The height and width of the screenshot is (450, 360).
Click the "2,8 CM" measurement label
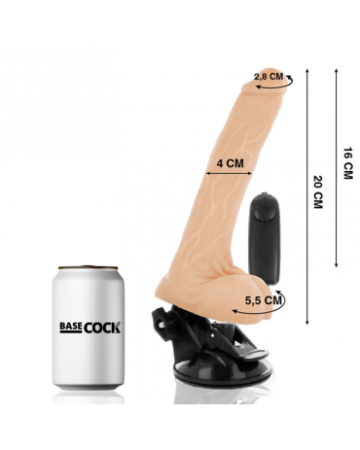(269, 77)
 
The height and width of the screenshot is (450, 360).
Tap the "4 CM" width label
(230, 163)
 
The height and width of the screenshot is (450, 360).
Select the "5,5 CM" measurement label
(264, 300)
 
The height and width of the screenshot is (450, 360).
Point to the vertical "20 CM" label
(318, 191)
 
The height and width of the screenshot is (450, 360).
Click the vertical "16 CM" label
(347, 163)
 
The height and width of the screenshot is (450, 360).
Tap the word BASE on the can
(70, 328)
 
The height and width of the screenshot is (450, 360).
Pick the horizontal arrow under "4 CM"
(230, 174)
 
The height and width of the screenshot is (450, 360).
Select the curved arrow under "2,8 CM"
(275, 85)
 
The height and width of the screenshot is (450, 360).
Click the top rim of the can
(88, 268)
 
